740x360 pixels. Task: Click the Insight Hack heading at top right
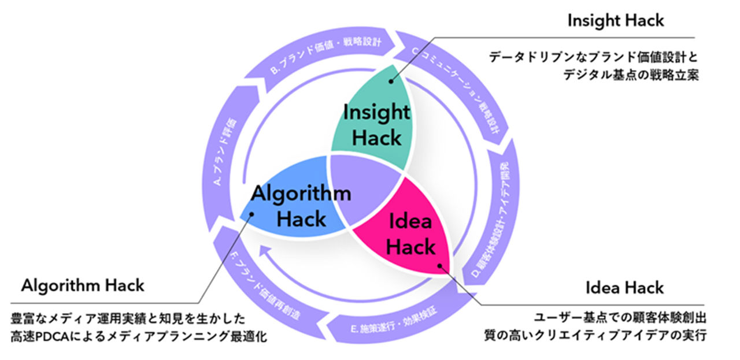coord(615,21)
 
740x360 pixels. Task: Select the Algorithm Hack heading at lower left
coord(83,285)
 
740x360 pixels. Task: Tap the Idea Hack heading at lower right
coord(624,287)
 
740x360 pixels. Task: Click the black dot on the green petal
coord(391,82)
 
